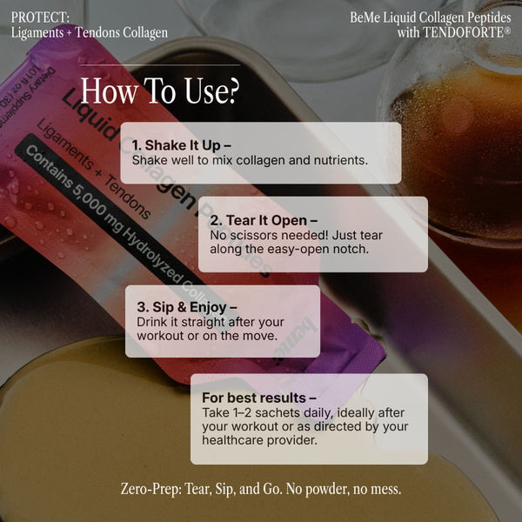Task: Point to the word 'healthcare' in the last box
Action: click(239, 440)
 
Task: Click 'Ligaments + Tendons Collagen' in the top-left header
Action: click(90, 33)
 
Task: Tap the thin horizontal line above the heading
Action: click(159, 65)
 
